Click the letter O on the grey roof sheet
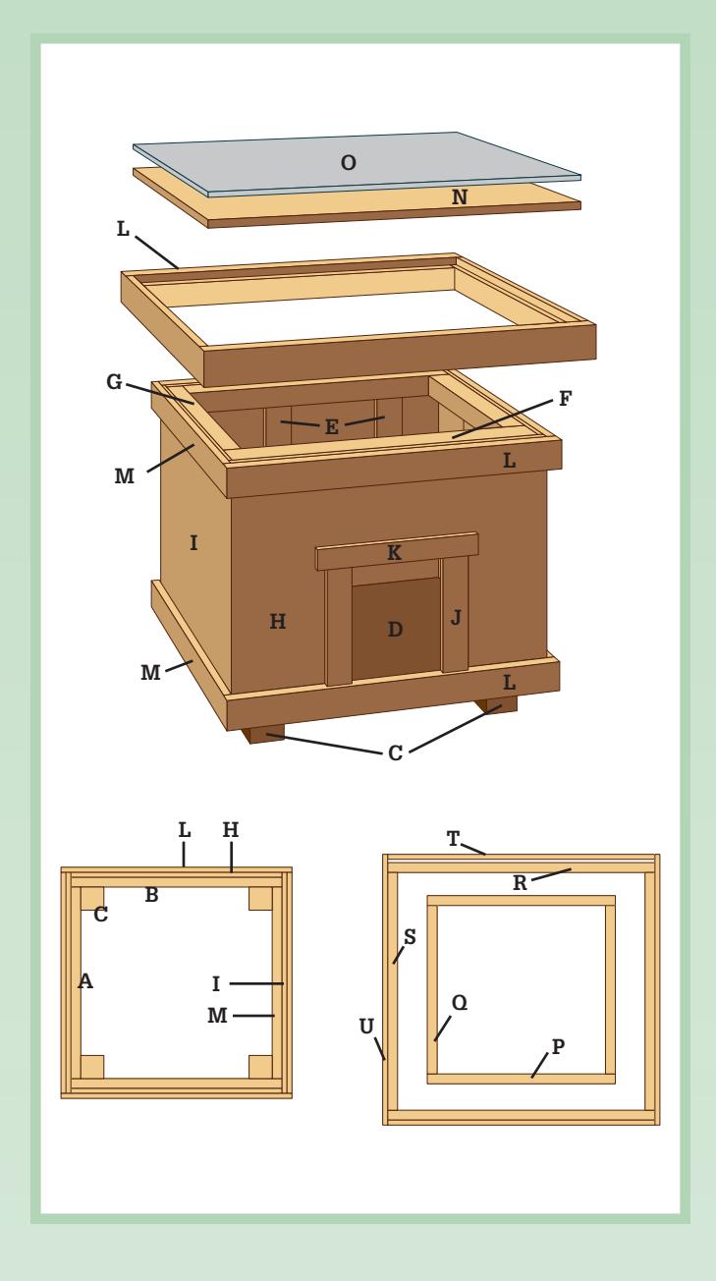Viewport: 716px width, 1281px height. (349, 163)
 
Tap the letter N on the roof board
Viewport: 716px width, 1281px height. (460, 197)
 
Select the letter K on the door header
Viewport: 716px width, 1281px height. (394, 553)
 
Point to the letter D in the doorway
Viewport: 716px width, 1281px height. (395, 630)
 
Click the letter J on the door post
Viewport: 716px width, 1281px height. (456, 618)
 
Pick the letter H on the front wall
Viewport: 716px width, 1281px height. (277, 622)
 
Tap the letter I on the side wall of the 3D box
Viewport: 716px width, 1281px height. (193, 542)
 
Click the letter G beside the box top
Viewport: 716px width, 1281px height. (114, 382)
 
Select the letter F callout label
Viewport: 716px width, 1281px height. (565, 399)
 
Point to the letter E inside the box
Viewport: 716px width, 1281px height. (332, 427)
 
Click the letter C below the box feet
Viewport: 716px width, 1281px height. (395, 753)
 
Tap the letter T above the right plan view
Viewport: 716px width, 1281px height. (453, 839)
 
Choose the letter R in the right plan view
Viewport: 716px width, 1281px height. (520, 883)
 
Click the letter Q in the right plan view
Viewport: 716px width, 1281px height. (460, 1002)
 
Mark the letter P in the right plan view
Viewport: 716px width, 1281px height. (558, 1047)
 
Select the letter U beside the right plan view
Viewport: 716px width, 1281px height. (366, 1027)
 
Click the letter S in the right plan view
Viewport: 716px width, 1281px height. (410, 937)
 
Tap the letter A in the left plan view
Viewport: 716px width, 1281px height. (85, 981)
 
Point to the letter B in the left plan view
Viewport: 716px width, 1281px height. (151, 895)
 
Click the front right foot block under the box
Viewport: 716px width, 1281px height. (496, 704)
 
